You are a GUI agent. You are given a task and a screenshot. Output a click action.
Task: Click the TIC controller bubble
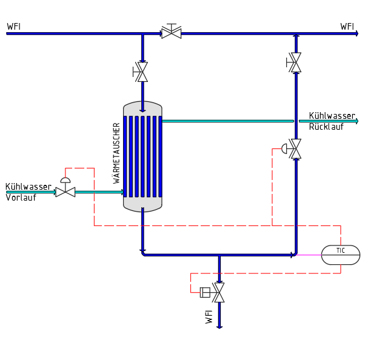pyautogui.click(x=341, y=255)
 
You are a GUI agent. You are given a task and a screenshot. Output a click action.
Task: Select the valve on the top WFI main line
pyautogui.click(x=172, y=32)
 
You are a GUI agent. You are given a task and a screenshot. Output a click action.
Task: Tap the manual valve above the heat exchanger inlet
pyautogui.click(x=141, y=72)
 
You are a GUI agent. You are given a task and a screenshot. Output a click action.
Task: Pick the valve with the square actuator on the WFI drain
pyautogui.click(x=213, y=293)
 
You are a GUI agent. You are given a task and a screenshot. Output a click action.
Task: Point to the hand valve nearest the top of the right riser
pyautogui.click(x=294, y=62)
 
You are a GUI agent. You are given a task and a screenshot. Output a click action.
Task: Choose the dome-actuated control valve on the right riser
pyautogui.click(x=292, y=148)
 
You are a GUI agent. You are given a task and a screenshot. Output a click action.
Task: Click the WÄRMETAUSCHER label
pyautogui.click(x=116, y=153)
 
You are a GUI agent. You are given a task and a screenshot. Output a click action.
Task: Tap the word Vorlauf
pyautogui.click(x=21, y=198)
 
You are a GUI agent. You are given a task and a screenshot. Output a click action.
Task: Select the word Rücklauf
pyautogui.click(x=326, y=127)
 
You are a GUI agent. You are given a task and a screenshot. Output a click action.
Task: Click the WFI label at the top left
pyautogui.click(x=14, y=27)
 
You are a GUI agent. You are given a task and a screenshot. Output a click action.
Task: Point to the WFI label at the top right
pyautogui.click(x=347, y=27)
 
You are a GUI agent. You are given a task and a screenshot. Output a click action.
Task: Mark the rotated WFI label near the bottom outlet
pyautogui.click(x=209, y=317)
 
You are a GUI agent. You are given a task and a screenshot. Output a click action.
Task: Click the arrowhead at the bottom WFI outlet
pyautogui.click(x=219, y=327)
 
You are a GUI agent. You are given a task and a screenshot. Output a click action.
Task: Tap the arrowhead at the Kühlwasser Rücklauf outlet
pyautogui.click(x=357, y=121)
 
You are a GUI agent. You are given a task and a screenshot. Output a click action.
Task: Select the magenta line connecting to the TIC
pyautogui.click(x=309, y=255)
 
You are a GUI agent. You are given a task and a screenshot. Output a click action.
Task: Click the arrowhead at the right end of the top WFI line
pyautogui.click(x=357, y=34)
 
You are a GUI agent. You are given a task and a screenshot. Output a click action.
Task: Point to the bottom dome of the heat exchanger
pyautogui.click(x=142, y=205)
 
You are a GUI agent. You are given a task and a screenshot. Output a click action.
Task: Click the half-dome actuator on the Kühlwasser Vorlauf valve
pyautogui.click(x=65, y=180)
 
